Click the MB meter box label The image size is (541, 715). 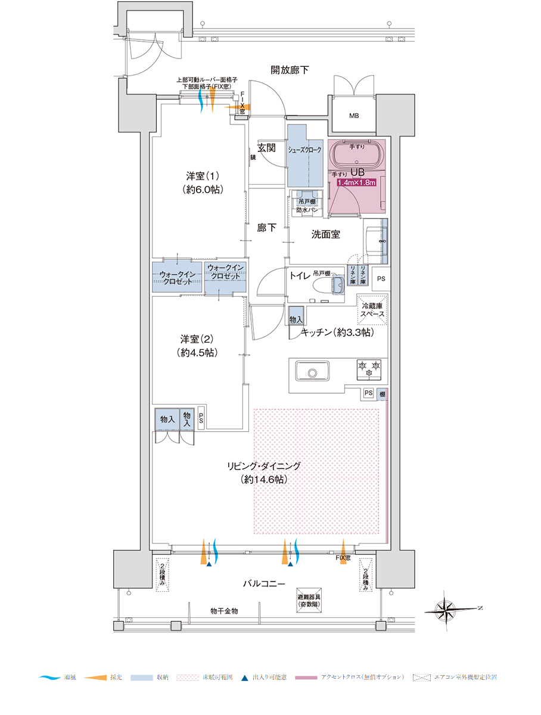[354, 116]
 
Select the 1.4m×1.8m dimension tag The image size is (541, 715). [356, 182]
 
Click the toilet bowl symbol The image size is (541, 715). [335, 284]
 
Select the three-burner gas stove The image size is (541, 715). [369, 369]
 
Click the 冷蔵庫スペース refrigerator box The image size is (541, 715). [372, 310]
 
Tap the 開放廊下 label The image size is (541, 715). [290, 70]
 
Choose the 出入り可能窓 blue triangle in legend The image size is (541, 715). [244, 677]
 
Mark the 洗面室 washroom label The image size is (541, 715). [326, 235]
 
